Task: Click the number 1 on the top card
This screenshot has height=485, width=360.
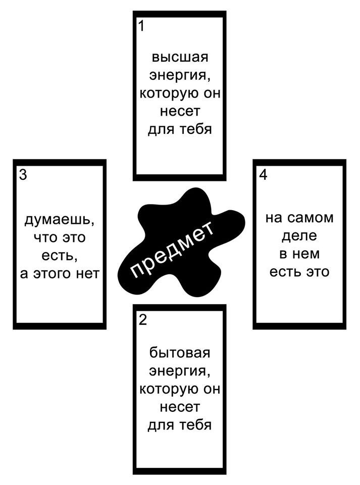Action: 141,26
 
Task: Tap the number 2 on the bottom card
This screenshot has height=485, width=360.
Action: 143,320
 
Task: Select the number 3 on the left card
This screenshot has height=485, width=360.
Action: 23,175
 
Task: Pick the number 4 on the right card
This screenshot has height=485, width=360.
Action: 263,175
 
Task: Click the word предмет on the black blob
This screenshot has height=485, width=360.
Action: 172,249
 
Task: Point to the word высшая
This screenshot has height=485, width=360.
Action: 180,57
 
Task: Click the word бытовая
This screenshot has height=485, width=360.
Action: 180,353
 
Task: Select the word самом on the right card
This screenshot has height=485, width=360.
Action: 310,218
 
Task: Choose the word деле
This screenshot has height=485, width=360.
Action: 299,236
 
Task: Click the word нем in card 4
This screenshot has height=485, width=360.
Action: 308,254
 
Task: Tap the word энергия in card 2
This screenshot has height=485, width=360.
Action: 180,371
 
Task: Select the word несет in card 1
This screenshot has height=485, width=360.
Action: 180,111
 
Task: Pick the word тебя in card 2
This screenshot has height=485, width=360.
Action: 195,425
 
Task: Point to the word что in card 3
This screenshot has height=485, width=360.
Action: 44,238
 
